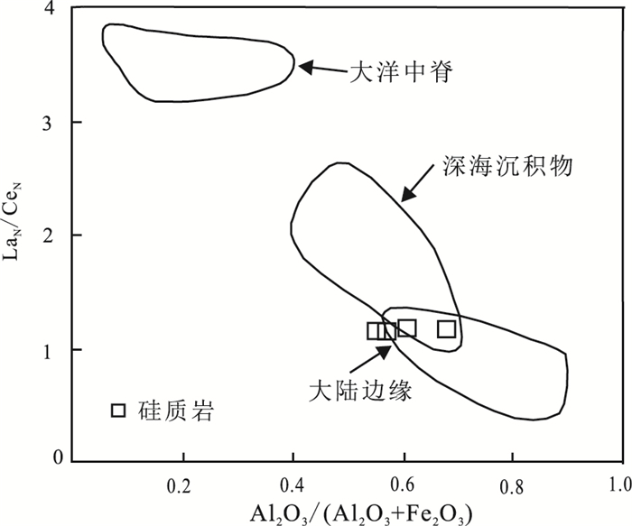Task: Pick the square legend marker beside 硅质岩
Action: point(118,411)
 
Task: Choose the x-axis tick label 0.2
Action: point(182,475)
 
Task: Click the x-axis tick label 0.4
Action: point(292,475)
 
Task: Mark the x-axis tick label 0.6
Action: point(402,475)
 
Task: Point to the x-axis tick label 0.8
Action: point(511,475)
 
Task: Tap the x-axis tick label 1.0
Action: point(619,475)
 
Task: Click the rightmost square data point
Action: point(446,329)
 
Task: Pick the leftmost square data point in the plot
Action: point(375,331)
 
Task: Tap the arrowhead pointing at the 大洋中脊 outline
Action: point(305,67)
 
